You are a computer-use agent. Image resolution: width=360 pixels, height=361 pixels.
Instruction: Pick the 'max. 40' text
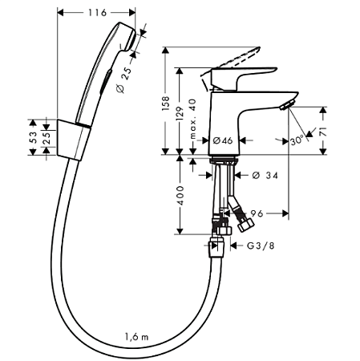194,120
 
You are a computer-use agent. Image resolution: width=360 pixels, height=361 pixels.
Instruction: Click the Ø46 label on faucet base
222,141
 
